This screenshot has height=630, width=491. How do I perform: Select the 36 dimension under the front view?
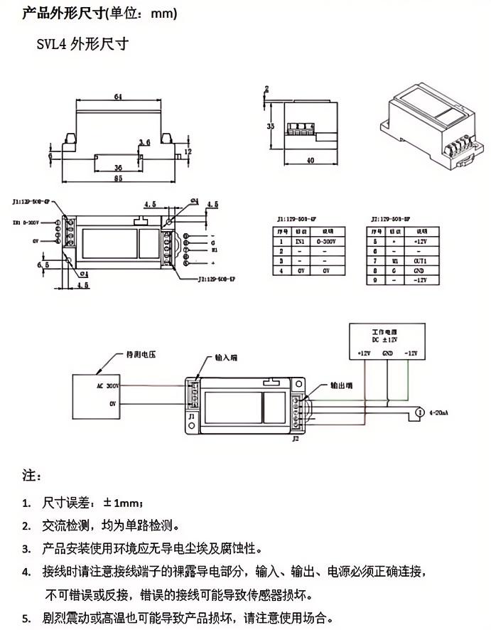click(x=117, y=167)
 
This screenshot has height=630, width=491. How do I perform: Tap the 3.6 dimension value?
click(x=144, y=143)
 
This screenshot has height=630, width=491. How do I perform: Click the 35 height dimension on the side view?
click(x=270, y=126)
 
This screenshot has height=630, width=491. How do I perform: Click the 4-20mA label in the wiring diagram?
click(x=441, y=412)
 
